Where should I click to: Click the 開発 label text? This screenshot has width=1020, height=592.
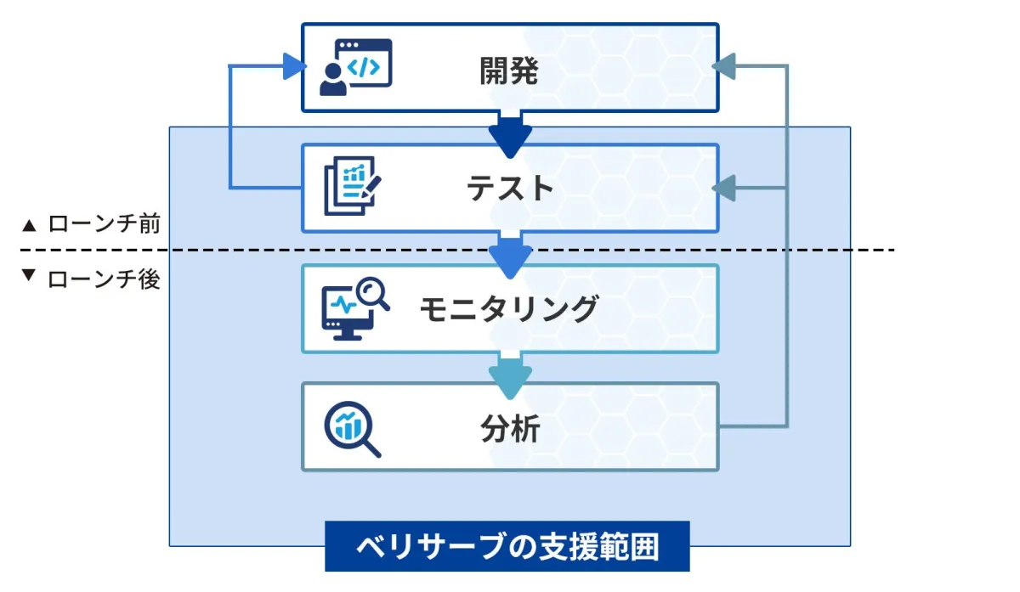509,71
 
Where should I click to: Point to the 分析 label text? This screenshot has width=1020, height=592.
509,429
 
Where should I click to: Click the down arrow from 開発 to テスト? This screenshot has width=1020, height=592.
510,136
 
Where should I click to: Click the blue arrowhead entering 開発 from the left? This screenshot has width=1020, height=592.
294,66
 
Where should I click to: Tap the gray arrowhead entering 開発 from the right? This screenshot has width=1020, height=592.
724,66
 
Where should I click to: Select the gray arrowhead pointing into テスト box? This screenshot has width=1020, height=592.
724,188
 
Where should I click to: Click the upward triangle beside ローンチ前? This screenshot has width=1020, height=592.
30,226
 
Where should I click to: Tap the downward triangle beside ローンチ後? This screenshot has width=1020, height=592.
30,277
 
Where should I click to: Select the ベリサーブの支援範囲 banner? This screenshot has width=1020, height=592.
507,548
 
